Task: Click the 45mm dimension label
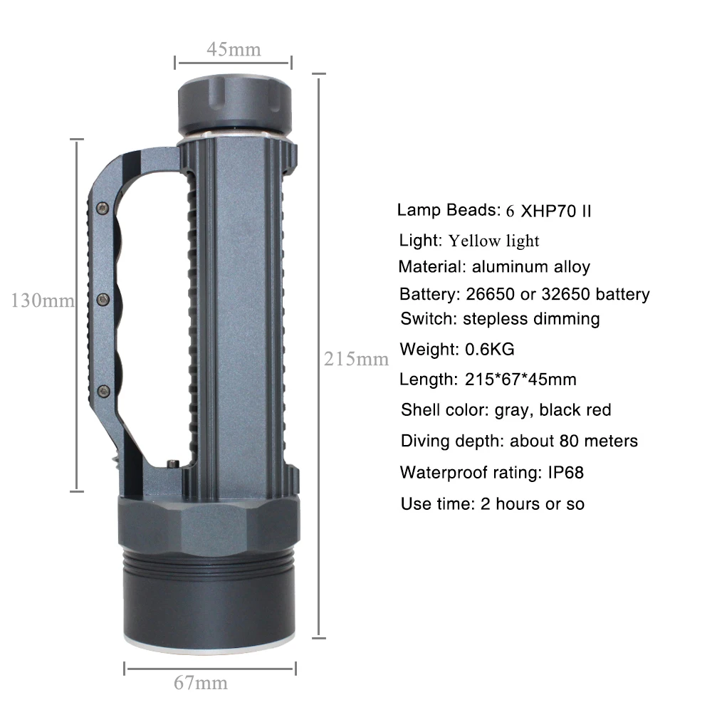point(234,49)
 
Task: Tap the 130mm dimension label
point(42,300)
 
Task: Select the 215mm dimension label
point(356,359)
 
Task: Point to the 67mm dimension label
point(201,684)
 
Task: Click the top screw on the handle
point(101,207)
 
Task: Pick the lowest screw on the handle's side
point(103,389)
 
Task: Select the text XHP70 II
point(556,211)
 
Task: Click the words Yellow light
point(493,241)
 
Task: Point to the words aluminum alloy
point(531,267)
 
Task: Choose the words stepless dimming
point(531,318)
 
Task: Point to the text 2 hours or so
point(533,503)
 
